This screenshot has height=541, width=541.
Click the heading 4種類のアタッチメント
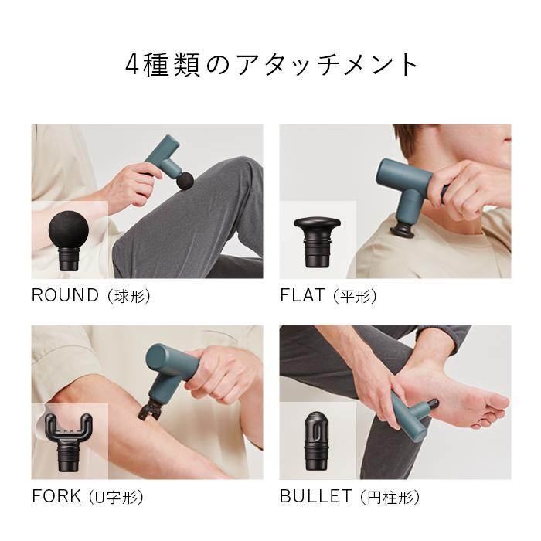[x=271, y=64]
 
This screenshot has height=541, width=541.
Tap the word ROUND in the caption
[x=65, y=295]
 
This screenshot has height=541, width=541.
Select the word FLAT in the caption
[x=302, y=295]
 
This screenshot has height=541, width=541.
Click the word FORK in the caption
[x=56, y=496]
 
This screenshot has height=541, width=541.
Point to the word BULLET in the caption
[x=315, y=496]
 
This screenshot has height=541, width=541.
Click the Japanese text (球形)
[x=129, y=296]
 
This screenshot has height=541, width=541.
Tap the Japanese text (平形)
[x=355, y=296]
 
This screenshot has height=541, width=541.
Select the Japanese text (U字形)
[x=116, y=498]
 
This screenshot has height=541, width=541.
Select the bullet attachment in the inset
[x=315, y=441]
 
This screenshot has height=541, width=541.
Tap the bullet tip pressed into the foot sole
[x=433, y=403]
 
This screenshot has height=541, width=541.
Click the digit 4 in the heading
[x=132, y=65]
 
